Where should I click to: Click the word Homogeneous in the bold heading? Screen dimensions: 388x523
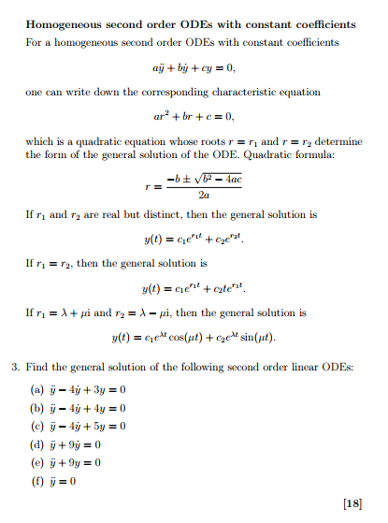pos(68,23)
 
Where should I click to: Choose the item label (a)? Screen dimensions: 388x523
pos(37,388)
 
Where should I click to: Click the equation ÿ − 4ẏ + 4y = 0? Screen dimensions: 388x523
pos(91,408)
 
